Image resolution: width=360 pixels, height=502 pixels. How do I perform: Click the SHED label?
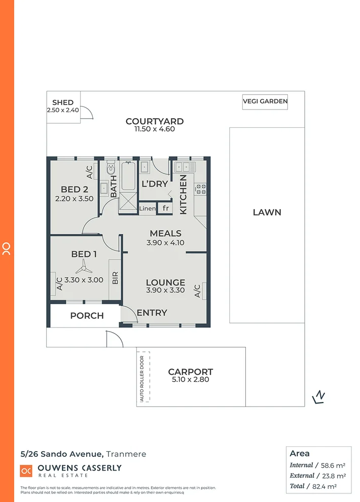tap(63, 102)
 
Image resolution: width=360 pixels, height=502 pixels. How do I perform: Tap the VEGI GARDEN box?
tap(265, 101)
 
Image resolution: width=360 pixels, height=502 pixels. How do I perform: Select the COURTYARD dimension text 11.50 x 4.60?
tap(154, 129)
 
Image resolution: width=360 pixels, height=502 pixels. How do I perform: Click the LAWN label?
tap(267, 212)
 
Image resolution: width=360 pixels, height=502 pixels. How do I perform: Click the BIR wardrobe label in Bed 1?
tap(115, 277)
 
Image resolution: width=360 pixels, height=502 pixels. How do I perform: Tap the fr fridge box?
tap(165, 208)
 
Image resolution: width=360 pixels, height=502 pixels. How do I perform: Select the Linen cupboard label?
tap(147, 208)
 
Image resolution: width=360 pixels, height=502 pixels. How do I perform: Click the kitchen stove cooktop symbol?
tap(201, 189)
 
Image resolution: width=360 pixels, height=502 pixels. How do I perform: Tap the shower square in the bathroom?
tap(128, 202)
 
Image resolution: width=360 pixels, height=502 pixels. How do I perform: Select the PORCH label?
tap(87, 315)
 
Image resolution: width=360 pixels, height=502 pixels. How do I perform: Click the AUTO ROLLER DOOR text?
tap(142, 378)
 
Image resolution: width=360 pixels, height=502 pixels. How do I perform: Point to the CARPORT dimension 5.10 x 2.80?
tap(190, 379)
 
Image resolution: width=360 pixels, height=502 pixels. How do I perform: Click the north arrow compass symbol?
tap(319, 397)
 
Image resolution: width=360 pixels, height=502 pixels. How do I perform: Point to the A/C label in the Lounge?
tap(197, 291)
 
